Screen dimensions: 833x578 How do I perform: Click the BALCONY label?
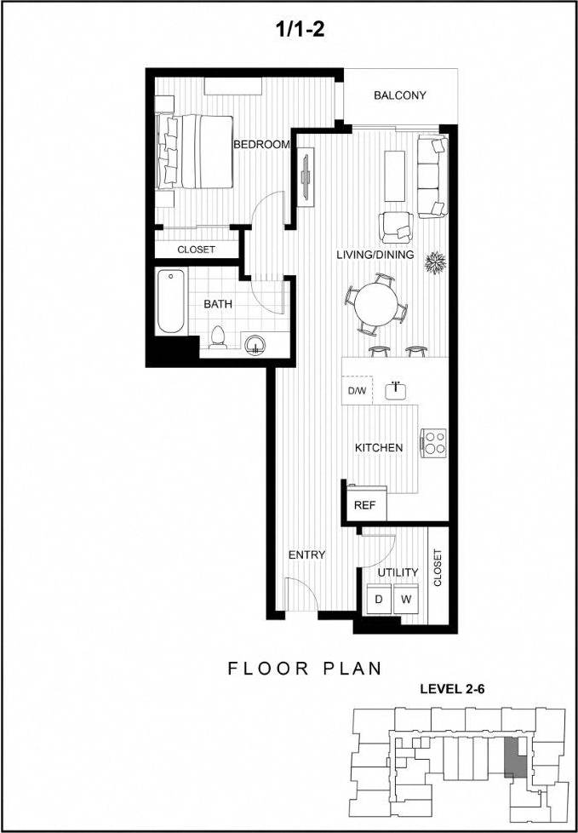pyautogui.click(x=399, y=95)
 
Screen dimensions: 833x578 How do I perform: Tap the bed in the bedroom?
pyautogui.click(x=195, y=151)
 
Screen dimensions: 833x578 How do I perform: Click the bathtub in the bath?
pyautogui.click(x=170, y=302)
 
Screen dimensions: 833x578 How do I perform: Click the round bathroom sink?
pyautogui.click(x=254, y=343)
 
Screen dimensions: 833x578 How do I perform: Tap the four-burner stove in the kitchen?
pyautogui.click(x=435, y=441)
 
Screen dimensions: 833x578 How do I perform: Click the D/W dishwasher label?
pyautogui.click(x=357, y=391)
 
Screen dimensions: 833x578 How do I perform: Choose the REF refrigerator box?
pyautogui.click(x=365, y=504)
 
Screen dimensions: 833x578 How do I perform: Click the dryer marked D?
pyautogui.click(x=378, y=599)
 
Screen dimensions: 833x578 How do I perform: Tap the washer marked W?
pyautogui.click(x=407, y=599)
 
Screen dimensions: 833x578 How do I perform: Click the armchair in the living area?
pyautogui.click(x=398, y=225)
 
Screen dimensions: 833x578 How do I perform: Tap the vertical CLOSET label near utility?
pyautogui.click(x=438, y=568)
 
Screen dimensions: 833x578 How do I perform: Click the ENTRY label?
pyautogui.click(x=306, y=554)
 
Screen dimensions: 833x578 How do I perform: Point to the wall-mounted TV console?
pyautogui.click(x=305, y=176)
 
